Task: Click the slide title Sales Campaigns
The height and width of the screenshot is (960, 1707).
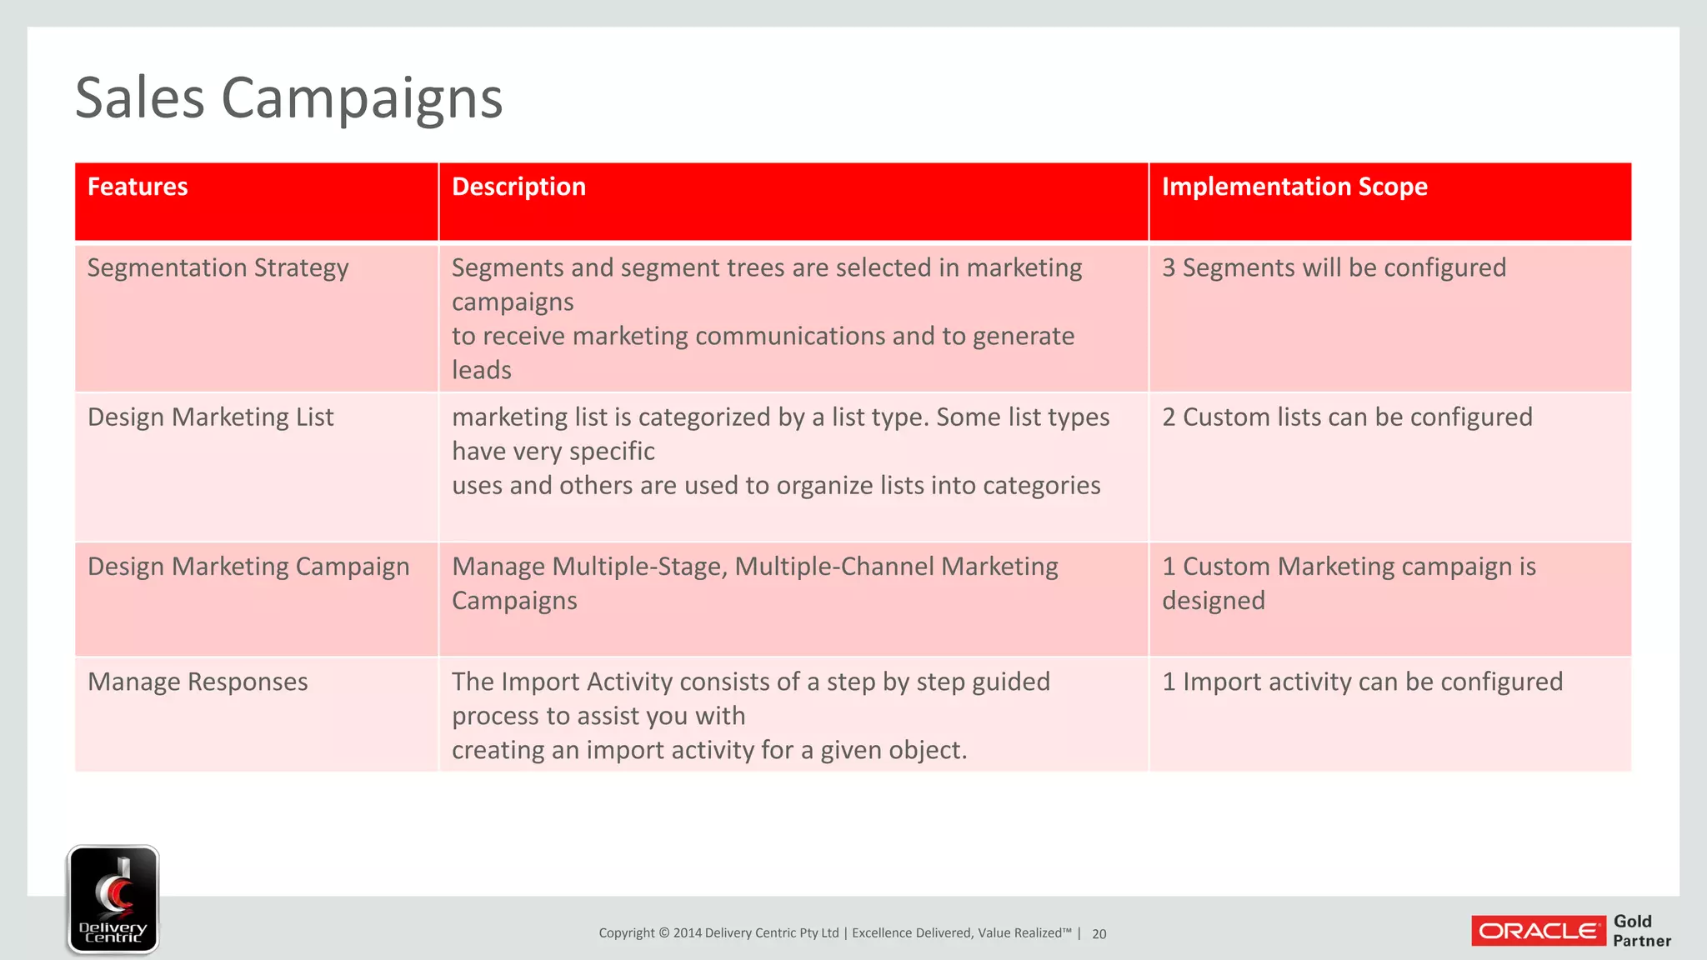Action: click(288, 98)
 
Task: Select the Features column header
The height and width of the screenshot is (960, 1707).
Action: click(138, 187)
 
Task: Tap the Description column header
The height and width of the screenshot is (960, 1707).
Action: click(518, 187)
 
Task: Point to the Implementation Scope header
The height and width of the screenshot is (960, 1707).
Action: click(1294, 187)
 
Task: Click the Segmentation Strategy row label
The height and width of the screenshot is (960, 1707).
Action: click(218, 268)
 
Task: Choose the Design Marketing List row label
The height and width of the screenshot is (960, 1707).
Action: click(210, 417)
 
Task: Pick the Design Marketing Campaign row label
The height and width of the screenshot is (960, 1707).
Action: click(248, 567)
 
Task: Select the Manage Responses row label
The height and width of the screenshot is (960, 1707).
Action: click(198, 682)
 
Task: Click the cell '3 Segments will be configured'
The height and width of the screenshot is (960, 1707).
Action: click(1334, 268)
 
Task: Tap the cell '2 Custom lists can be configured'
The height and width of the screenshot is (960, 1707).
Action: click(1347, 417)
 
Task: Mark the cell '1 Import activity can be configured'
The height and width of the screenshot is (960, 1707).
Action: click(1362, 682)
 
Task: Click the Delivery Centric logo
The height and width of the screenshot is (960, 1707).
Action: click(113, 899)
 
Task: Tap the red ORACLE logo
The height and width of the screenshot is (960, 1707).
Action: click(1539, 931)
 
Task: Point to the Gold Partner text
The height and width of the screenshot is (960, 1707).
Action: click(1641, 931)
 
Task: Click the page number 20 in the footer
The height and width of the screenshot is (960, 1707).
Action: click(1099, 934)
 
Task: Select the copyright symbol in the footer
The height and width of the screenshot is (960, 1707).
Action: click(663, 933)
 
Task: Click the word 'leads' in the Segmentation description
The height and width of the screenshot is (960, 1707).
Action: click(482, 370)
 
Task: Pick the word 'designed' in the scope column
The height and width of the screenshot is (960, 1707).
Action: click(1214, 601)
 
